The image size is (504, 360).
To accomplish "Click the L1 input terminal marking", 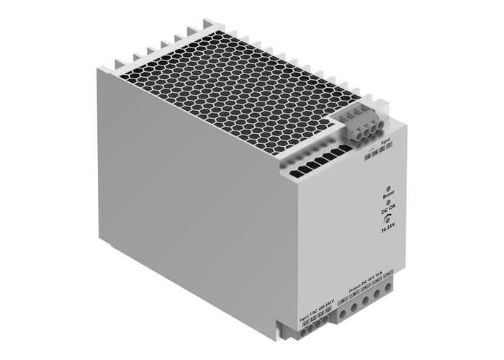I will (305, 325).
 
